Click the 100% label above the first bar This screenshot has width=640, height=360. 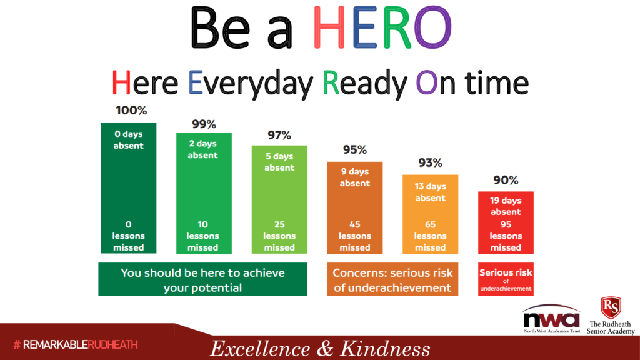click(x=131, y=111)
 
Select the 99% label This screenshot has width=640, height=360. click(x=204, y=124)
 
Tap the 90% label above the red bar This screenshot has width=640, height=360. click(x=506, y=180)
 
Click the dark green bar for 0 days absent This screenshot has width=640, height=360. click(x=129, y=187)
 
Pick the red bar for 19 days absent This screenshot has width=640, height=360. click(x=506, y=223)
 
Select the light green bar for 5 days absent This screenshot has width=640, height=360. click(x=279, y=199)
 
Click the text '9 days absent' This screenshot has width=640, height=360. click(x=355, y=177)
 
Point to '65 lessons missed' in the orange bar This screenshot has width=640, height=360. click(x=430, y=236)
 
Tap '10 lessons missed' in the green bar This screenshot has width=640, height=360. click(x=203, y=236)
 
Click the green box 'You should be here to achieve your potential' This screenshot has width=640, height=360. click(x=203, y=279)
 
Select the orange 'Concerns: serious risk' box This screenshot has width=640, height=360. click(x=392, y=279)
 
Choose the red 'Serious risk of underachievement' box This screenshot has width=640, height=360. click(x=506, y=279)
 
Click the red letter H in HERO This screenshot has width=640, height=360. click(x=329, y=28)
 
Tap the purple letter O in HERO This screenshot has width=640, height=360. click(x=432, y=28)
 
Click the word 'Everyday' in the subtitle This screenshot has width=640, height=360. click(x=250, y=83)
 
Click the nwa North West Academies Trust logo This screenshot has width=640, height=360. click(x=552, y=319)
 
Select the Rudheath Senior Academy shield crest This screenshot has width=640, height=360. click(x=611, y=307)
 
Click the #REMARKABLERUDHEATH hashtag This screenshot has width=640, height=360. click(x=76, y=345)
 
